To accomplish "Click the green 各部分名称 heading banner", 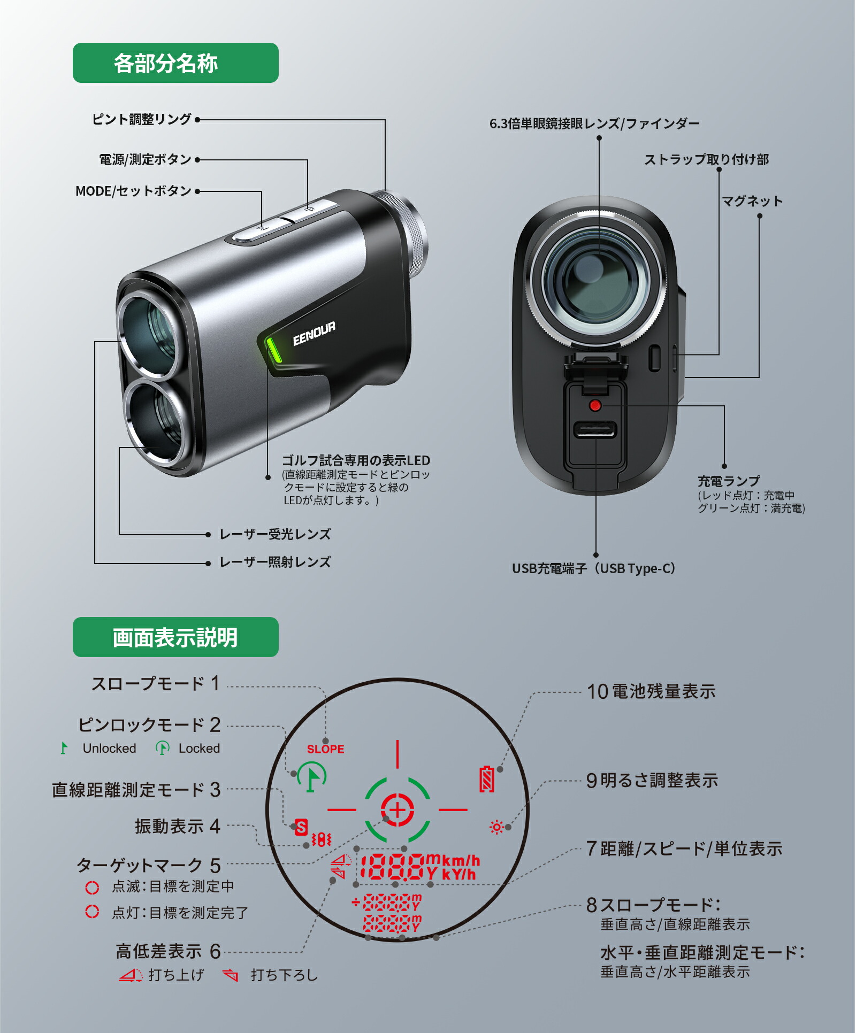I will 175,63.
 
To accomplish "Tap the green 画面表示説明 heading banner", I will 175,637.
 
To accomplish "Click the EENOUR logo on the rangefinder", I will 314,334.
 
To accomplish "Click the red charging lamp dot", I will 595,405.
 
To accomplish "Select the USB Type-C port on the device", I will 595,429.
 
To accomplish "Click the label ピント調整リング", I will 142,119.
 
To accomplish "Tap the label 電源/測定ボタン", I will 145,159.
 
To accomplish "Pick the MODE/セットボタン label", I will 133,191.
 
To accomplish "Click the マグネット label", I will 752,202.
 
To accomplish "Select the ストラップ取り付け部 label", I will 706,159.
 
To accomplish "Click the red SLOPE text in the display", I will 325,749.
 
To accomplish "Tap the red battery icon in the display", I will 487,778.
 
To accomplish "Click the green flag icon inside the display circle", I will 312,777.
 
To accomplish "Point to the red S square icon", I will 301,827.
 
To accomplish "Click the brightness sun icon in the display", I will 496,827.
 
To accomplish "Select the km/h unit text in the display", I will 461,860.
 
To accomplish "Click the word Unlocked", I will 109,748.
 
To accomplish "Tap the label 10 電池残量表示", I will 651,691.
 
